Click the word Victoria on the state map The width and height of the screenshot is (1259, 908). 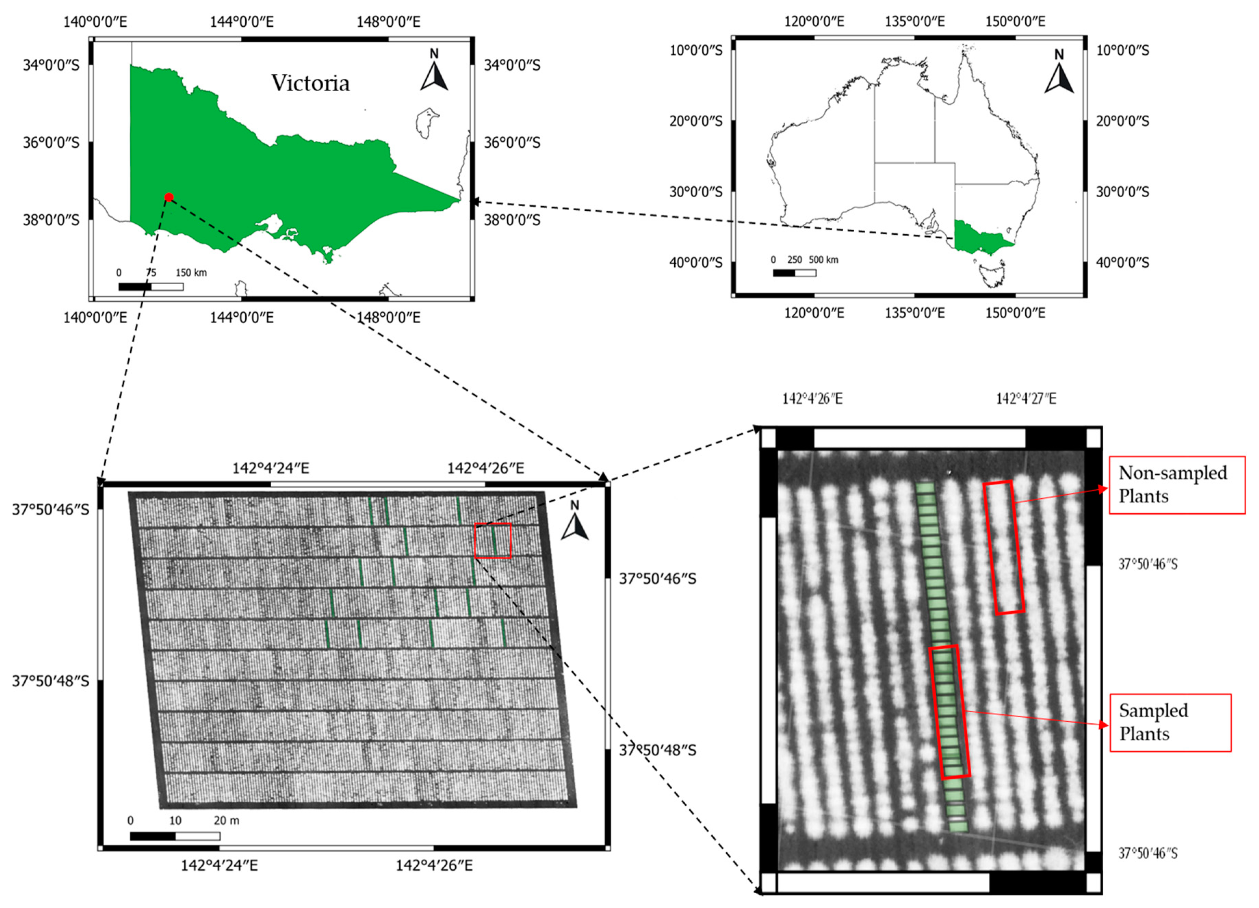310,83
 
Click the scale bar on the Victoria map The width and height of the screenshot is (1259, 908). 151,286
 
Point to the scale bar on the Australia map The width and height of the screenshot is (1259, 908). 794,273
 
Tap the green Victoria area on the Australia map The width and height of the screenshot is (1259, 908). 980,238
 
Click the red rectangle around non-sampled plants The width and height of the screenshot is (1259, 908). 1004,547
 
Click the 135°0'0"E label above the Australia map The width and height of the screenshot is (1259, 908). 914,22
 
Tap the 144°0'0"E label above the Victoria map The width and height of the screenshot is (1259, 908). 242,22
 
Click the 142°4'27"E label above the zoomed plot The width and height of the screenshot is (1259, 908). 1026,398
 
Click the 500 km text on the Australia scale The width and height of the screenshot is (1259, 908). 823,260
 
